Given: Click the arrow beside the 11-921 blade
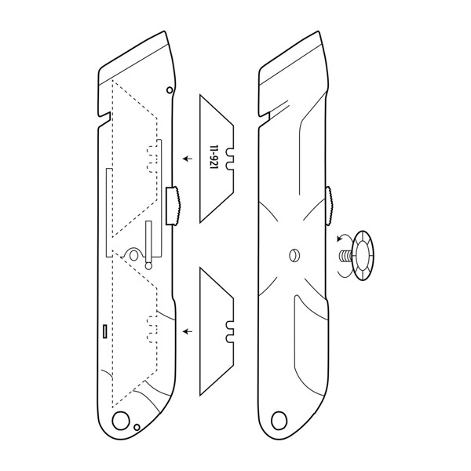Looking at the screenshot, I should coord(187,159).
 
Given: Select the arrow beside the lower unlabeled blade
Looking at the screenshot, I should coord(187,332).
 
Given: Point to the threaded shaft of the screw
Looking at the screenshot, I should coord(344,255).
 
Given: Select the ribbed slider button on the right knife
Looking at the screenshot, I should coord(330,204).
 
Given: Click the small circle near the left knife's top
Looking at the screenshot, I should coord(170,91).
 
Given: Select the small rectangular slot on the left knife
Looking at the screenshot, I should coord(103,331).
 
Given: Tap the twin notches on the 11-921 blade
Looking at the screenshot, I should coord(229,159).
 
